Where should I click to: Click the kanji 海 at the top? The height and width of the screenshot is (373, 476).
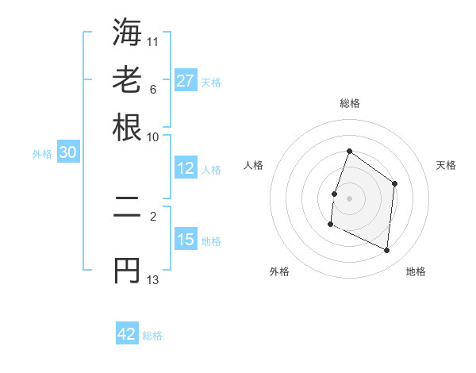click(x=127, y=33)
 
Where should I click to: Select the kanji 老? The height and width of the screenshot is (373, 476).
click(x=127, y=79)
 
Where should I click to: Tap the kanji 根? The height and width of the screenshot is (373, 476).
click(x=127, y=126)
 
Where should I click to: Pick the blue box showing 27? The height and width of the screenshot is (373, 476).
click(x=186, y=81)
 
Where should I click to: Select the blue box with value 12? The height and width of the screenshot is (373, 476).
click(x=186, y=168)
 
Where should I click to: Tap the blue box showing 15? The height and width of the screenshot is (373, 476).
click(x=186, y=240)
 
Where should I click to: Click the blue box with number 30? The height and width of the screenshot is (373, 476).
click(x=67, y=153)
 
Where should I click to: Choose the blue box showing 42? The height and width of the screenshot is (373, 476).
click(x=127, y=334)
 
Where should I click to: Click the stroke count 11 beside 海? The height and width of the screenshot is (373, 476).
click(x=153, y=40)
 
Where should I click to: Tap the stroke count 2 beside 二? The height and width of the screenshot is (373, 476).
click(x=153, y=215)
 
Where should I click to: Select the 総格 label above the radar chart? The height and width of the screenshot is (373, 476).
click(x=350, y=103)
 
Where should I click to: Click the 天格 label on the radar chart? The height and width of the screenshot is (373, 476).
click(x=447, y=165)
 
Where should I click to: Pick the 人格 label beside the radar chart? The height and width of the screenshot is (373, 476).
click(x=254, y=165)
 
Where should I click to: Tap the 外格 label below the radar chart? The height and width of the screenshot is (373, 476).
click(x=279, y=271)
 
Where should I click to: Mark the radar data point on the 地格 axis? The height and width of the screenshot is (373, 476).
click(x=387, y=251)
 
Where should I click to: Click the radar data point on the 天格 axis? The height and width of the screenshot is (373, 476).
click(x=394, y=184)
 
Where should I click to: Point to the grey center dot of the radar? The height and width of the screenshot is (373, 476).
click(x=349, y=198)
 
